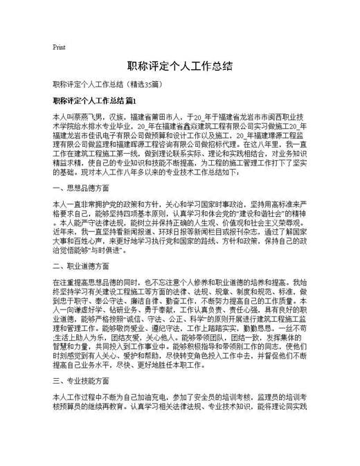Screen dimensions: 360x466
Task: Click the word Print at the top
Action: click(59, 47)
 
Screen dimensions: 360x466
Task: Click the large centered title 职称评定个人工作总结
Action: click(180, 66)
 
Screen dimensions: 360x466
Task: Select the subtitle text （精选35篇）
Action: click(142, 85)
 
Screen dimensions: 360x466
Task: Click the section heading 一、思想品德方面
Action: click(80, 188)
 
